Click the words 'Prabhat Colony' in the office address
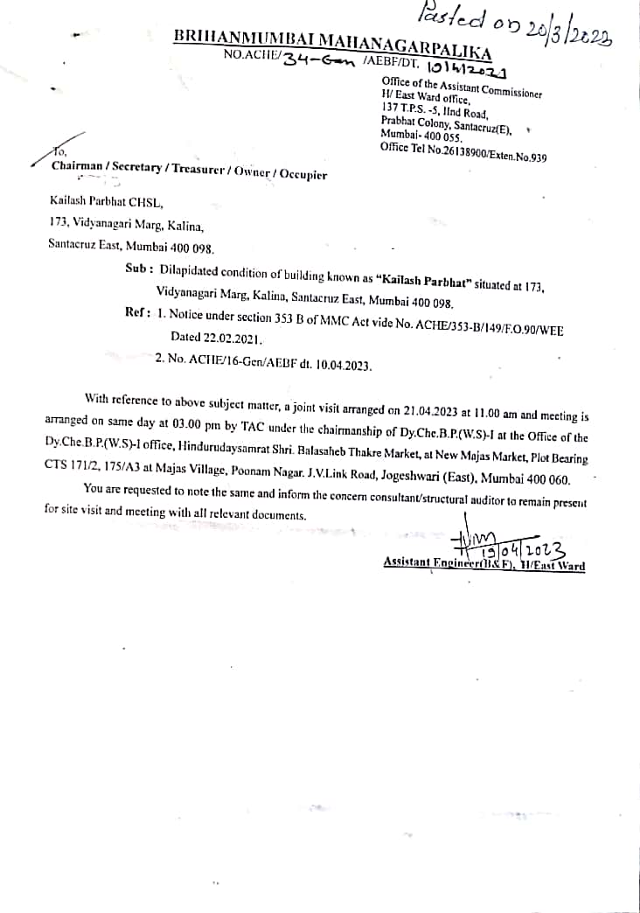[x=414, y=123]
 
